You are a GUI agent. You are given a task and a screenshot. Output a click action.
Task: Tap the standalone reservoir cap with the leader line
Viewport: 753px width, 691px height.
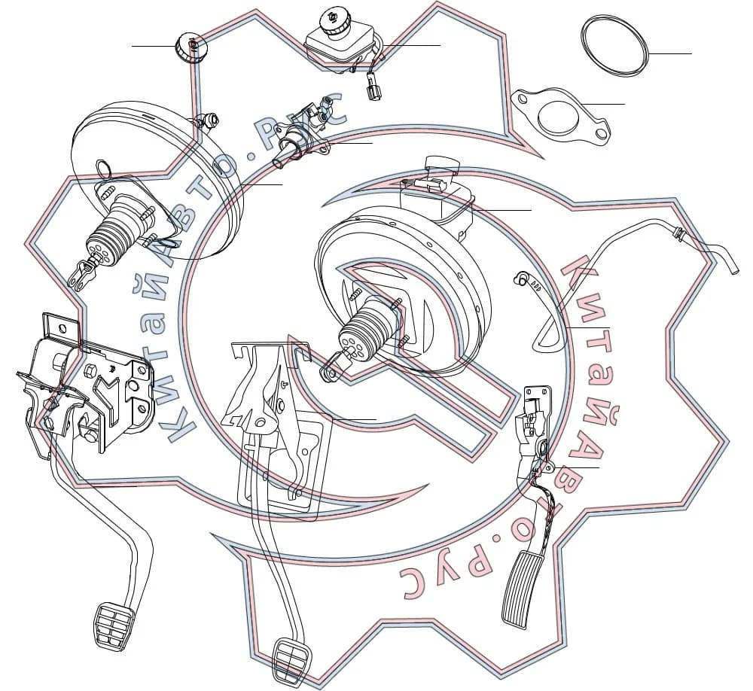(191, 46)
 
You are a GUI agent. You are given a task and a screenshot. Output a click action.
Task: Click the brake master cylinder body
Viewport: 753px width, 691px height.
(300, 137)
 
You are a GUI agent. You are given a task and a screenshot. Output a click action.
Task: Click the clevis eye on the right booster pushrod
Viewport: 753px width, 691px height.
(331, 367)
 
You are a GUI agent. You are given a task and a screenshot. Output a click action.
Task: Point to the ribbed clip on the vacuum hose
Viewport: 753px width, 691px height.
(680, 234)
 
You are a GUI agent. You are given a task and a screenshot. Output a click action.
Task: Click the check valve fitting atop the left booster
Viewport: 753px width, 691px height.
(208, 120)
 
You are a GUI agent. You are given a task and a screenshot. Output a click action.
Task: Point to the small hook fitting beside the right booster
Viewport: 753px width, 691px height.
(523, 276)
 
